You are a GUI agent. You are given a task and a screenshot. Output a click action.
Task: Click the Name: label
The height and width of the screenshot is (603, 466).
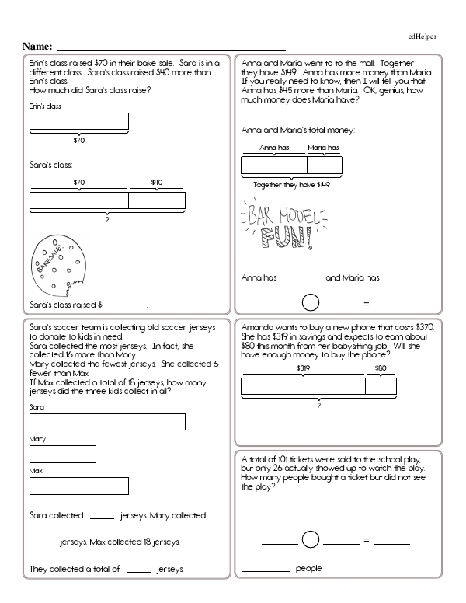[38, 47]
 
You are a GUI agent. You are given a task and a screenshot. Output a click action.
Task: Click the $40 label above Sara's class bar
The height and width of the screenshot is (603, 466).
[157, 183]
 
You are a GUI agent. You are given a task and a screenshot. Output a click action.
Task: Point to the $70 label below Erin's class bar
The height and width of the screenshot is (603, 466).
[78, 141]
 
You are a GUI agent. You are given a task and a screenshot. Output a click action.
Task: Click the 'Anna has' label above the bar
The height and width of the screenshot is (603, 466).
[274, 147]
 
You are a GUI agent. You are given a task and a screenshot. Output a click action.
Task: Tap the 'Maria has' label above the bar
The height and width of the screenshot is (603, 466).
[323, 147]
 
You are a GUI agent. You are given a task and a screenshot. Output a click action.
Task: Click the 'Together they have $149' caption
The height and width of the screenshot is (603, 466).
[292, 185]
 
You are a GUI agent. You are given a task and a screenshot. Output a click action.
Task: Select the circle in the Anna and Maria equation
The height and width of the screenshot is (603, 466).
[311, 303]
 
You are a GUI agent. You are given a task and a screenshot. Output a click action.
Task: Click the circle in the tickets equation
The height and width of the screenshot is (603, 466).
[311, 539]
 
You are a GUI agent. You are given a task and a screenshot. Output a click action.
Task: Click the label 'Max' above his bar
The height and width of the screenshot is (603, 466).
[35, 472]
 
